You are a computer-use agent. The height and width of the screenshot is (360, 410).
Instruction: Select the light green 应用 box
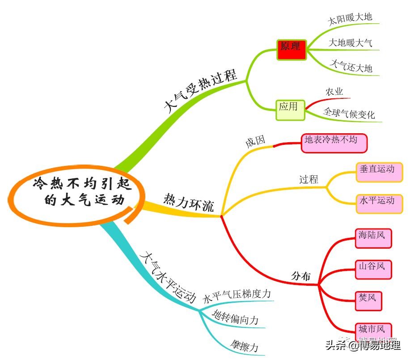(x=290, y=109)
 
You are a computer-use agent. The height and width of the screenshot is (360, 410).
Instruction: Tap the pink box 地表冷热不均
(x=334, y=142)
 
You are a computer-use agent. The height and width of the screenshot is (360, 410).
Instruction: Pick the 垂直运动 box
(x=379, y=172)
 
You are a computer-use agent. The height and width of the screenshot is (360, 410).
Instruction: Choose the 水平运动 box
(x=379, y=203)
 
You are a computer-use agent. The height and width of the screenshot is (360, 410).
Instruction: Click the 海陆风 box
(x=373, y=237)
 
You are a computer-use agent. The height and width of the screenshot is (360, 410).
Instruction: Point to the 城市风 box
(x=373, y=331)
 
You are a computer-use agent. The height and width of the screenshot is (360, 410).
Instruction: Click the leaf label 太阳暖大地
(x=350, y=19)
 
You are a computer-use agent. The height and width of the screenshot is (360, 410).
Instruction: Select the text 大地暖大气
(x=350, y=43)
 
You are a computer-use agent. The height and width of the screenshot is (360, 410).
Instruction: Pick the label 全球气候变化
(x=349, y=114)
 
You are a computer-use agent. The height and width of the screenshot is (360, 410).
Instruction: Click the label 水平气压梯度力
(x=237, y=296)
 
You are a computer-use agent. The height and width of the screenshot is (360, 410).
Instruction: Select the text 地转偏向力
(x=235, y=319)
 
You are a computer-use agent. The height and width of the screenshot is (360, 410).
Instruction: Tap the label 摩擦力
(x=244, y=345)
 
